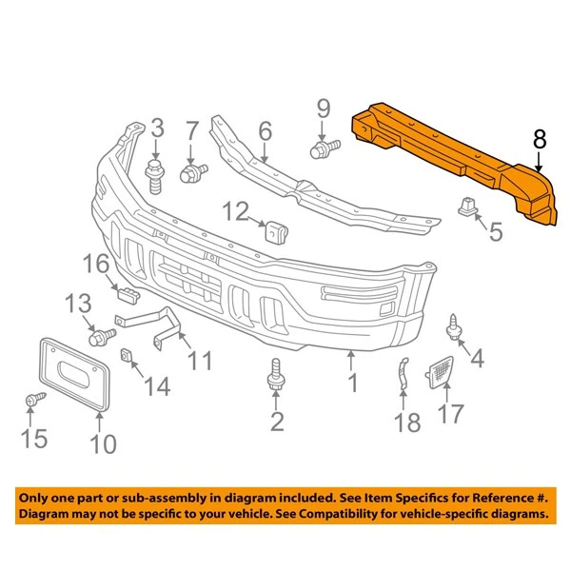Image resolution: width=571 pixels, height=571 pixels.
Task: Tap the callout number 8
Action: (x=540, y=140)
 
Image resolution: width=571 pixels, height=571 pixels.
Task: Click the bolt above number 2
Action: (x=277, y=374)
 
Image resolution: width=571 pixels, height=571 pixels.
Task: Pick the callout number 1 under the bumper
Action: (x=352, y=383)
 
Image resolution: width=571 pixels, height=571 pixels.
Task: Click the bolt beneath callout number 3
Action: (x=154, y=177)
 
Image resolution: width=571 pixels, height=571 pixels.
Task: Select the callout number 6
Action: (x=265, y=129)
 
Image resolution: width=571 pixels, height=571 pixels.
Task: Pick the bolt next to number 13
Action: (x=98, y=336)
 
